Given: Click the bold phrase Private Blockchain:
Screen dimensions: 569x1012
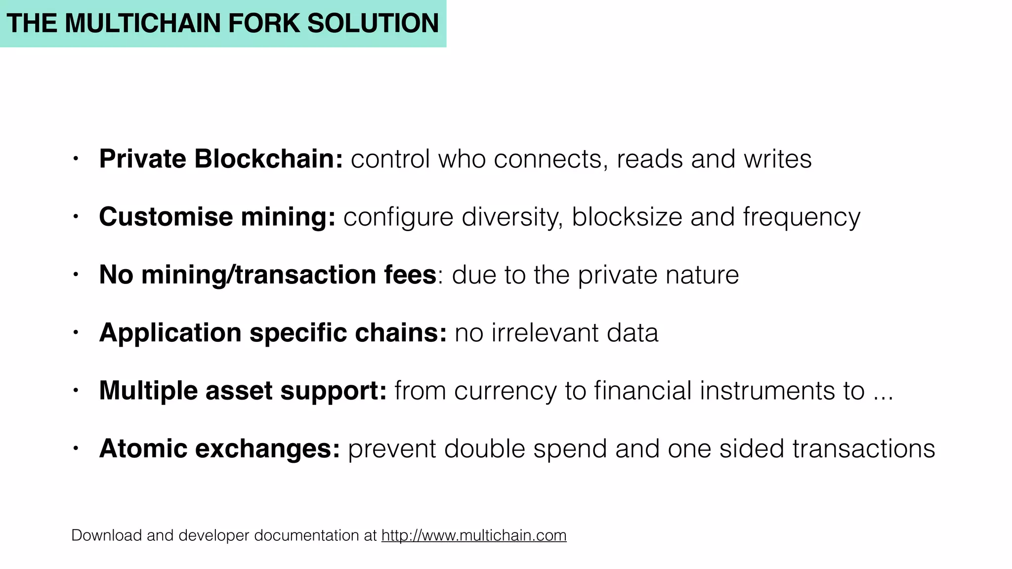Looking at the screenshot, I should click(x=221, y=159).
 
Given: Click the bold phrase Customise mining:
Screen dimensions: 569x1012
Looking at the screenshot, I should click(x=217, y=217).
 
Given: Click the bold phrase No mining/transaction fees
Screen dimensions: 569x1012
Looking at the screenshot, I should click(x=267, y=275).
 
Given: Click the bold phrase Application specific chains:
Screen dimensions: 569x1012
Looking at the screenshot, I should click(x=273, y=332).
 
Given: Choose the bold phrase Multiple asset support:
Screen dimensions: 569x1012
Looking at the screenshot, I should click(x=243, y=391).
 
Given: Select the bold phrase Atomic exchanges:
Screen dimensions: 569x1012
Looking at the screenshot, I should click(x=219, y=448).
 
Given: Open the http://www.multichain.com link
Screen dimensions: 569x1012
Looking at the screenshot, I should click(x=474, y=535).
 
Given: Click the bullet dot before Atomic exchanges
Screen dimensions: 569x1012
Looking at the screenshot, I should click(x=75, y=448).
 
